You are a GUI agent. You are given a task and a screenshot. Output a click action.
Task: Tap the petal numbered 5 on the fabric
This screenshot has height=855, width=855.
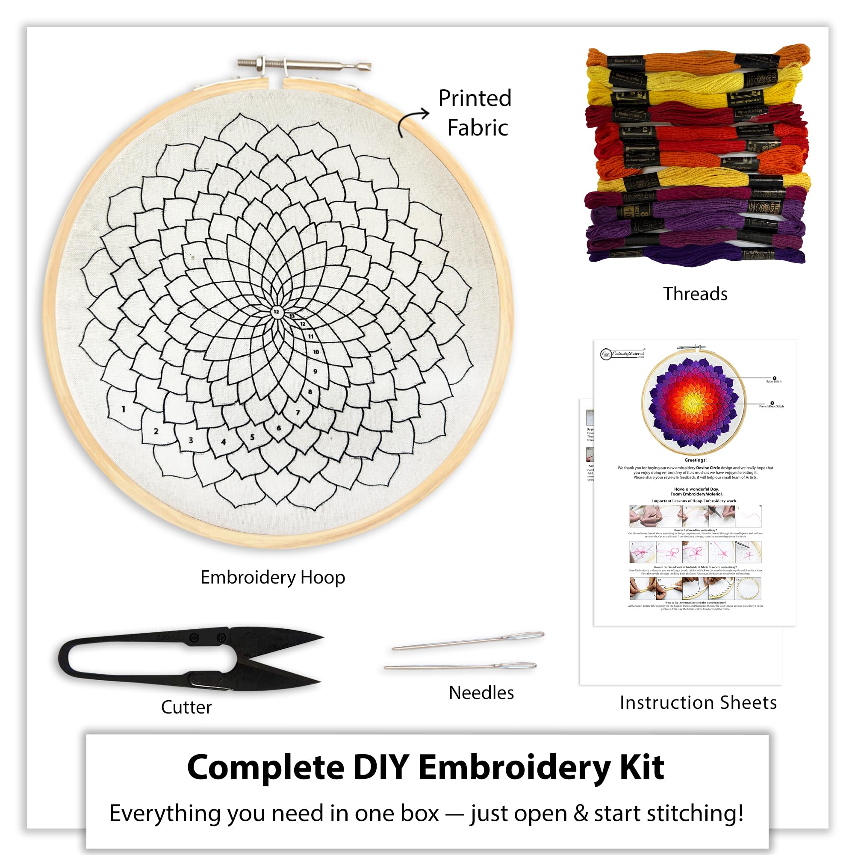(x=252, y=437)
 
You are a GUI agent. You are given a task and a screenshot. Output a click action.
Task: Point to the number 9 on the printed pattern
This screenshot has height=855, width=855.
(x=315, y=371)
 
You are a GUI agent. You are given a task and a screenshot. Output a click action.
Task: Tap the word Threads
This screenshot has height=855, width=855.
(x=695, y=294)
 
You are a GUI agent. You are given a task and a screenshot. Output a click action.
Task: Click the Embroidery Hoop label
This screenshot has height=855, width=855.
(x=273, y=578)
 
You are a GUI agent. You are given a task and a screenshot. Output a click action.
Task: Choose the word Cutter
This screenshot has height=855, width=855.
(x=186, y=707)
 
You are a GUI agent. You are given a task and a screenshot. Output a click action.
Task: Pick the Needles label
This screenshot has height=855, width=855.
(x=481, y=693)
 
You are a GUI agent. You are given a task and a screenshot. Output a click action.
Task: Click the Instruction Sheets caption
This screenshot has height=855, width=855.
(x=698, y=702)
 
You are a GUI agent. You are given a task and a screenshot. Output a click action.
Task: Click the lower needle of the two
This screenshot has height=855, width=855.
(x=460, y=666)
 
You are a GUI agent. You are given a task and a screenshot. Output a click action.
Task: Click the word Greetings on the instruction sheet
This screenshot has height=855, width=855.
(x=695, y=460)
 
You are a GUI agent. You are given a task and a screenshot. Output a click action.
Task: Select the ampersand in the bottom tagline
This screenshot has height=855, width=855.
(x=580, y=814)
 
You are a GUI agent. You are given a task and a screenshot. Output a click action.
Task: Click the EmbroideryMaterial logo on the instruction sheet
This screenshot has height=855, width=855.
(x=622, y=354)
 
